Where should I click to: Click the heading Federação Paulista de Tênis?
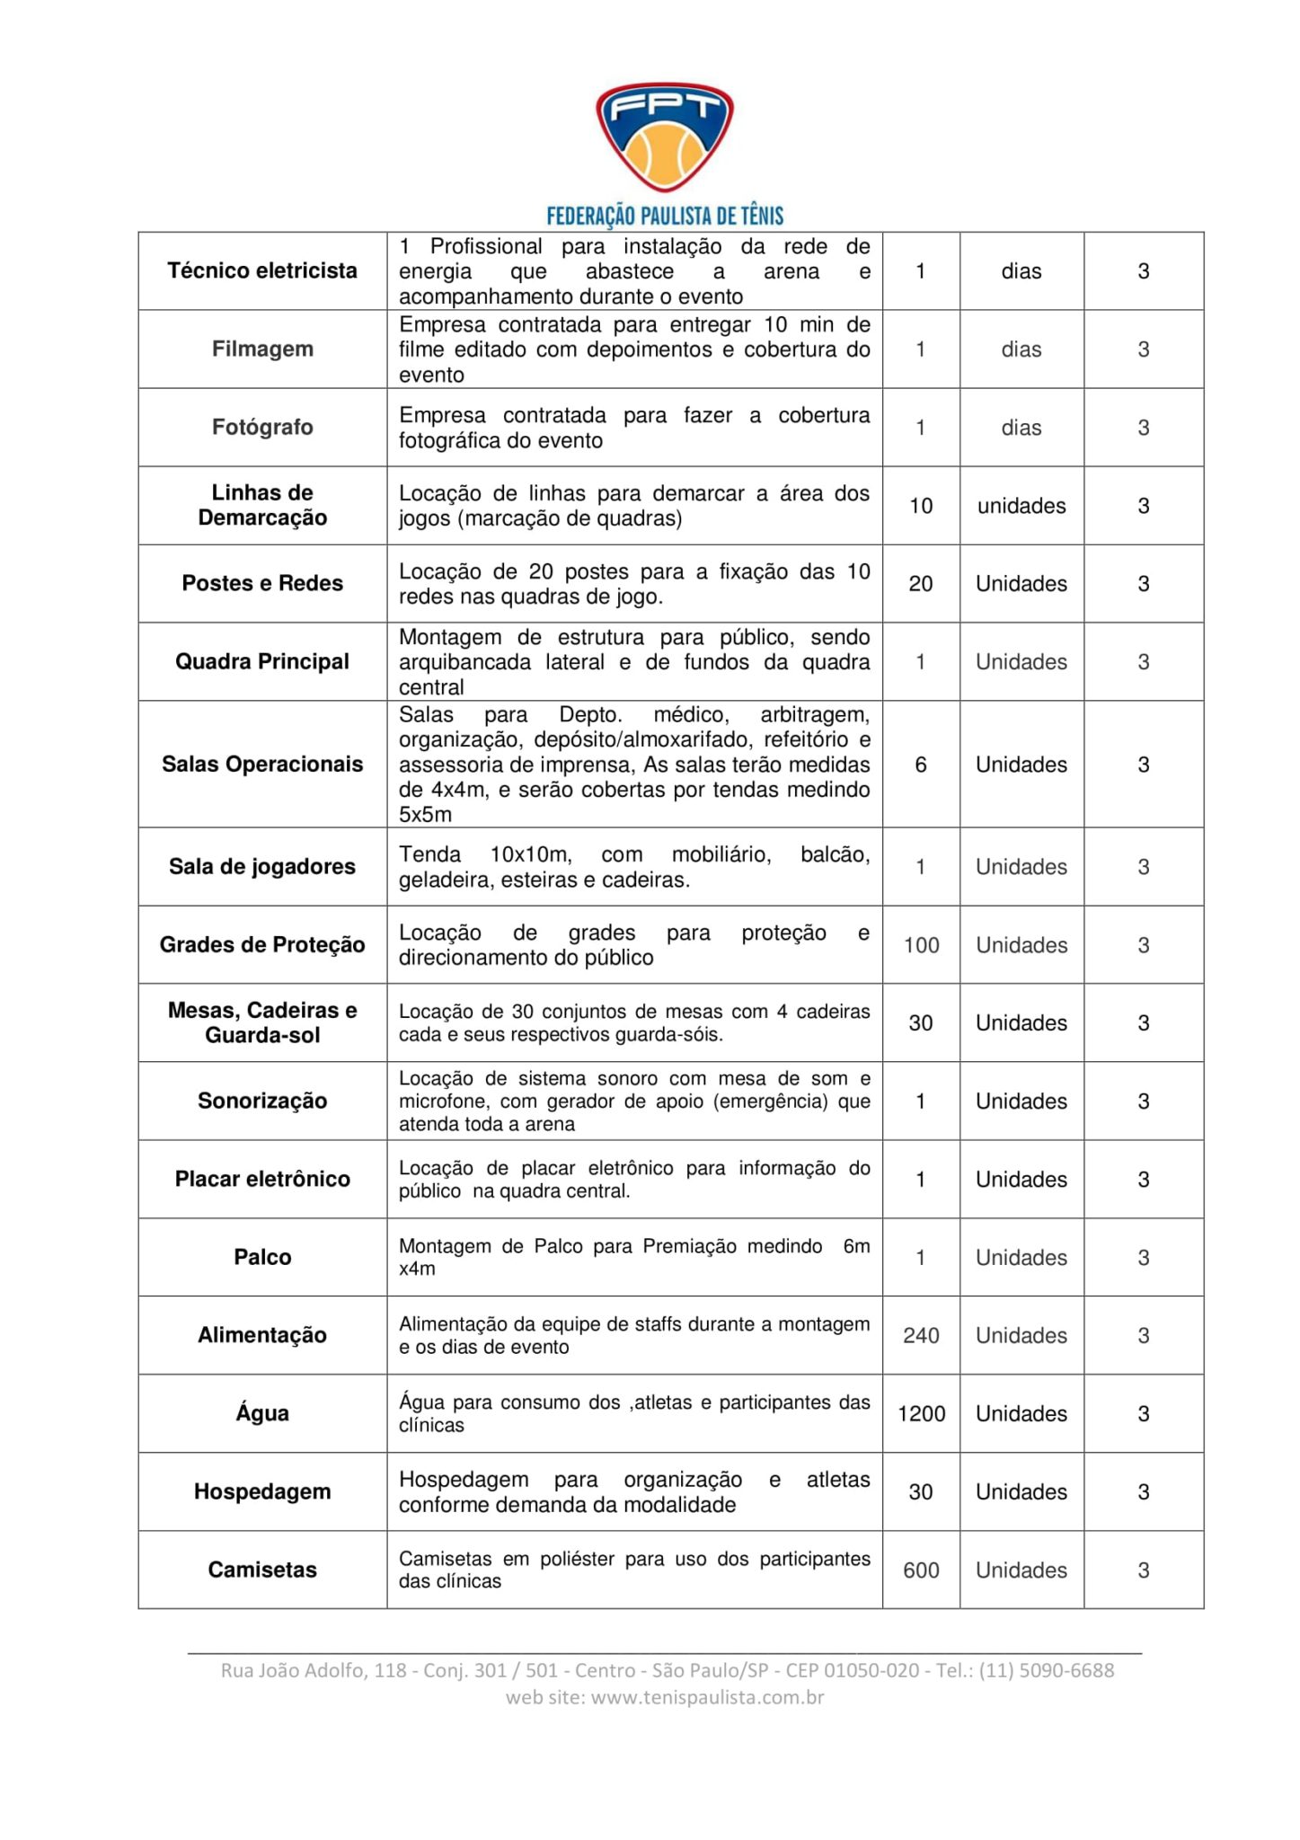665,216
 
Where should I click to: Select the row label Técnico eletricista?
262,270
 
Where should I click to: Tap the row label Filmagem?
262,349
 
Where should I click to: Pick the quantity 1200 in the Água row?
921,1413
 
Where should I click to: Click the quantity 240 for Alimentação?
921,1335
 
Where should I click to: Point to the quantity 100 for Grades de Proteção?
921,945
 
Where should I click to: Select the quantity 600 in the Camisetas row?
921,1570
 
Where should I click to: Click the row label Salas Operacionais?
262,764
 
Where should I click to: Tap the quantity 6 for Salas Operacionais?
921,765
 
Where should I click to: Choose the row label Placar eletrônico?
262,1179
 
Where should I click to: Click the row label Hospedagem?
262,1491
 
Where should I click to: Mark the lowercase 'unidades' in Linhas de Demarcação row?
1021,506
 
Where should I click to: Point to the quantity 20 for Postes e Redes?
921,584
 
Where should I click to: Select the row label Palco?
262,1257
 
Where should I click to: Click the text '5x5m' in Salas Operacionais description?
425,815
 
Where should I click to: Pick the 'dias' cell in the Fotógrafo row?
1021,428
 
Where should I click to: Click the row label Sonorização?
262,1101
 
